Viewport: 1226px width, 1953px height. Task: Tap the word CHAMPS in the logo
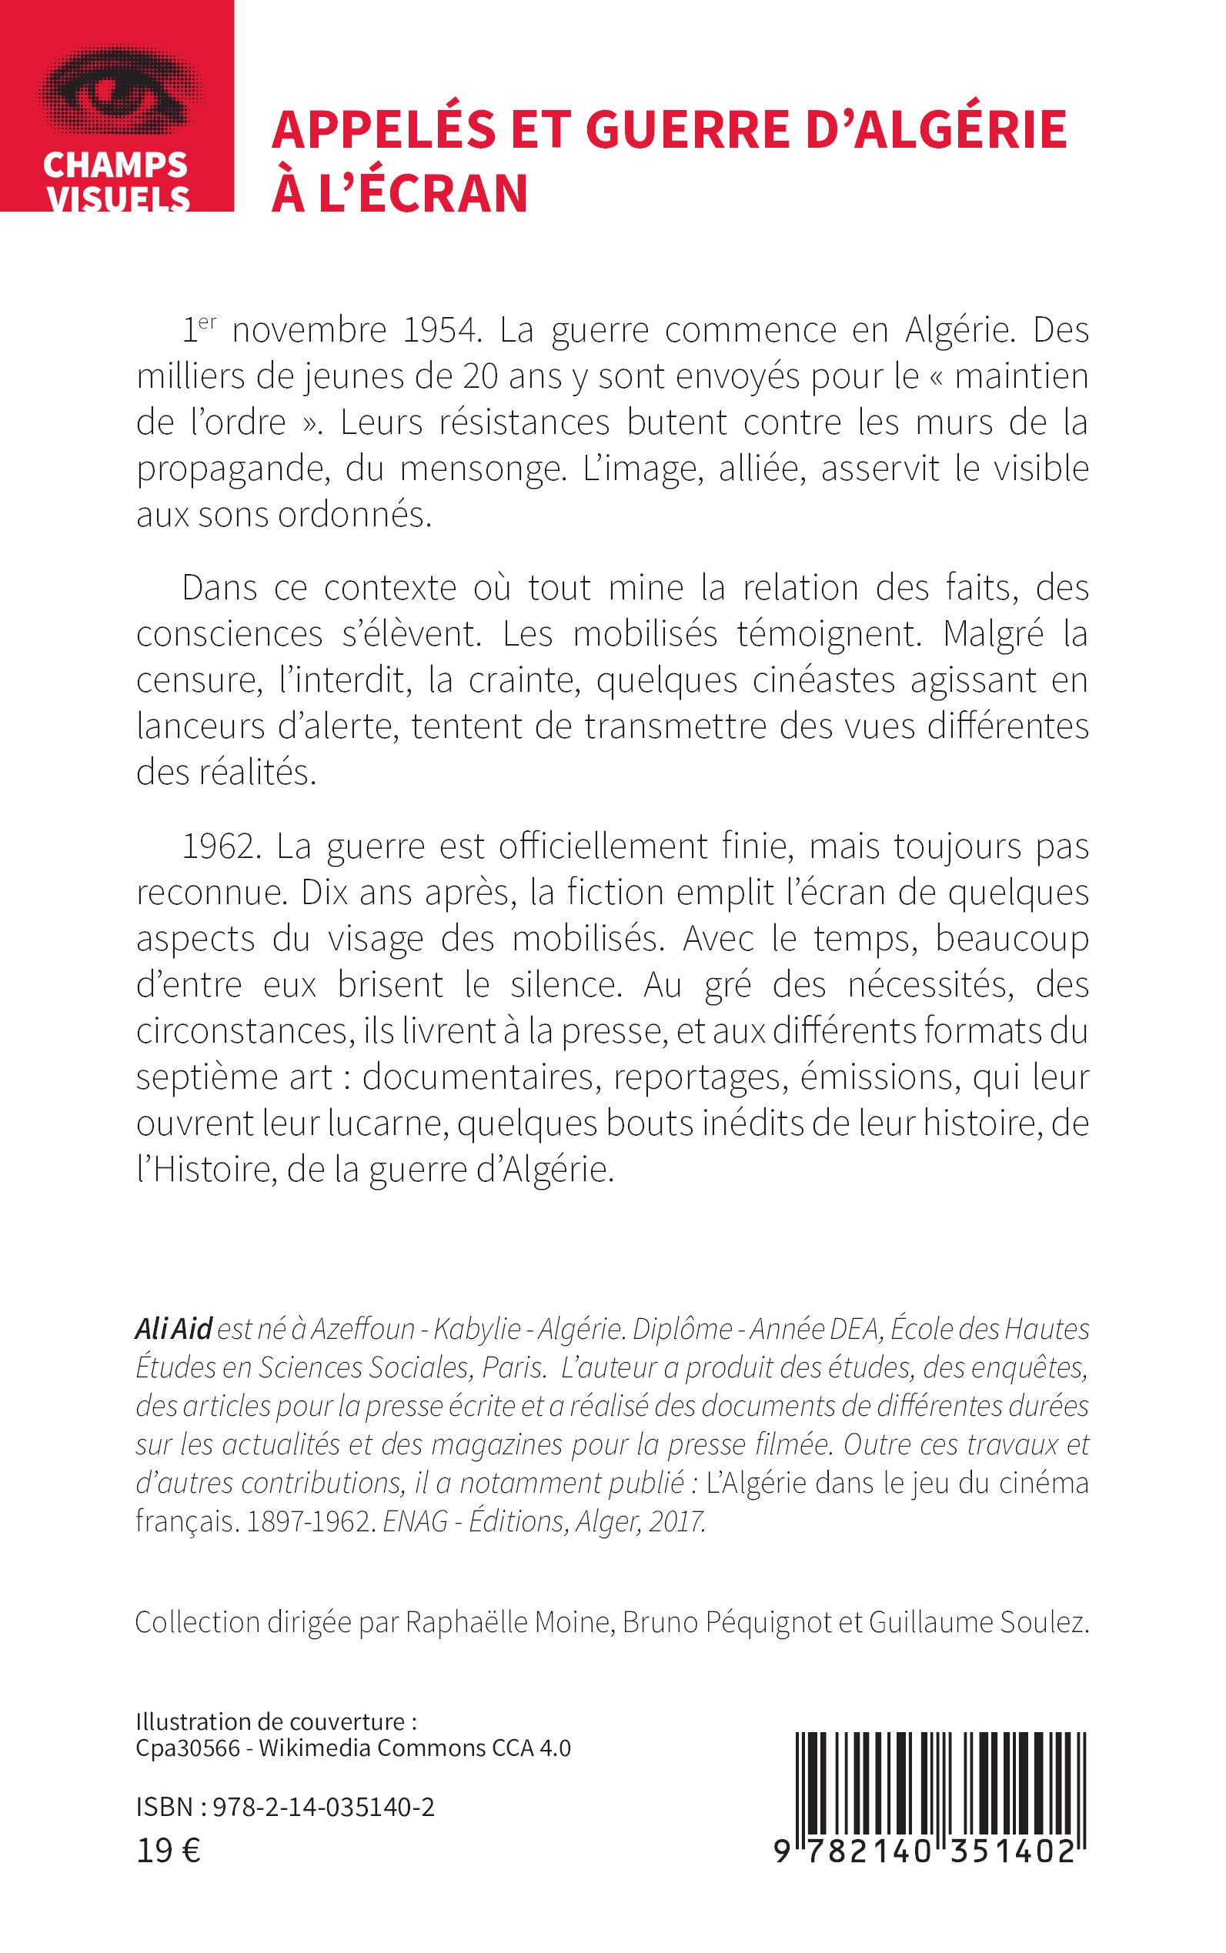coord(115,165)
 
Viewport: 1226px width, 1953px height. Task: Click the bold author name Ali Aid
coord(173,1330)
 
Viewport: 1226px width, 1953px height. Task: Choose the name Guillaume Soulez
coord(978,1622)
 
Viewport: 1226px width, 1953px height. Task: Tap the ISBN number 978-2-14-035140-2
coord(323,1807)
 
